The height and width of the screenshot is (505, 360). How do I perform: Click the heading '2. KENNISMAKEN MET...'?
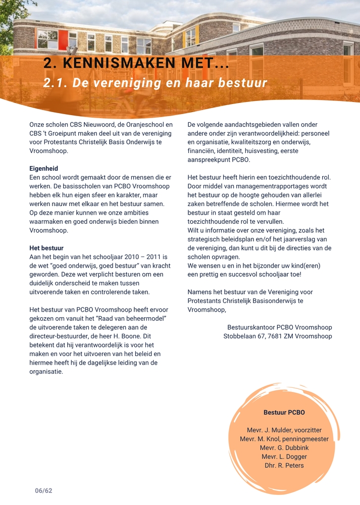(x=136, y=63)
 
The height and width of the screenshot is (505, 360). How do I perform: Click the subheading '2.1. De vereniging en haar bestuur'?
(x=155, y=83)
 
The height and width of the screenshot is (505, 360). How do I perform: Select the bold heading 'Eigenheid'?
(x=44, y=168)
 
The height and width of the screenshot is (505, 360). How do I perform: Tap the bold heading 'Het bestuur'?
(x=46, y=248)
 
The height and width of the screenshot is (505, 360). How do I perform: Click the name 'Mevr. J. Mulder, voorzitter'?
(x=284, y=430)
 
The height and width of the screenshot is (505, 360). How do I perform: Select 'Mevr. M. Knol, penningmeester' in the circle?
(x=284, y=439)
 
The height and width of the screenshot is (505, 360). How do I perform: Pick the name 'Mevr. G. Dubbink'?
(x=284, y=448)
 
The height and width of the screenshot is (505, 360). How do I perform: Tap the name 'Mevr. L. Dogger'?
(x=284, y=457)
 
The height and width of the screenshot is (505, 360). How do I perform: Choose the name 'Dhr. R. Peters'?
(x=284, y=466)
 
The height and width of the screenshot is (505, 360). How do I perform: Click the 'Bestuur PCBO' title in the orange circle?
(x=284, y=413)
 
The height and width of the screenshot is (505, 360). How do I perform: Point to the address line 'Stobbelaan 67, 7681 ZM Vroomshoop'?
(x=278, y=336)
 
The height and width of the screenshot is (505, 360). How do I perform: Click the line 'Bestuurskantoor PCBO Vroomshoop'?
(x=280, y=327)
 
